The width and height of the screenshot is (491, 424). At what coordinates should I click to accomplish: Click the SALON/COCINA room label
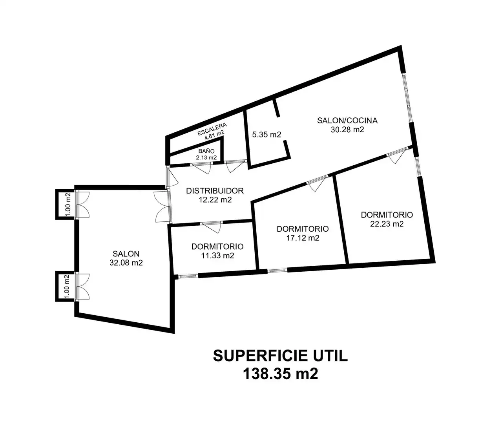347,121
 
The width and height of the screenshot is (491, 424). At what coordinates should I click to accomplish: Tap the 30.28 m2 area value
347,130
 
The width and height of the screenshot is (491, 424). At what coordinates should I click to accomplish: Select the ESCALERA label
212,129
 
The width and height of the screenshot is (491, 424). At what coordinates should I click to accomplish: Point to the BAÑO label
206,151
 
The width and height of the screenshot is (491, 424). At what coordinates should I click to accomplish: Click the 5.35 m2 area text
266,135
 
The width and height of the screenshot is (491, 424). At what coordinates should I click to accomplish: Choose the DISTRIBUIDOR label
215,191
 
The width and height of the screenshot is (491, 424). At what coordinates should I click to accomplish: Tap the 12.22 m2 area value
215,200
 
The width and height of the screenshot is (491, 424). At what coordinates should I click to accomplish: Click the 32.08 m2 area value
126,263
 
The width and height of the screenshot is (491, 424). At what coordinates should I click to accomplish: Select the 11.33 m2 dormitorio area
217,256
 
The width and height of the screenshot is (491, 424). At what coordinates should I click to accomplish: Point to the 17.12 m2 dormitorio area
303,238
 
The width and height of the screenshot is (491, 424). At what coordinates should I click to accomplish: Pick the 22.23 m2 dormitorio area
387,224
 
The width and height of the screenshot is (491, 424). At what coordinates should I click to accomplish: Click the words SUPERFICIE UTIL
281,356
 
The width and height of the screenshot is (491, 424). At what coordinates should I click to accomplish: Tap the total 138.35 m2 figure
281,374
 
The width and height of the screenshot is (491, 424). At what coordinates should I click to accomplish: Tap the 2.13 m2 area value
206,157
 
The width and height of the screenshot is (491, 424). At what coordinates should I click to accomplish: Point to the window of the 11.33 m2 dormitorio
188,276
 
